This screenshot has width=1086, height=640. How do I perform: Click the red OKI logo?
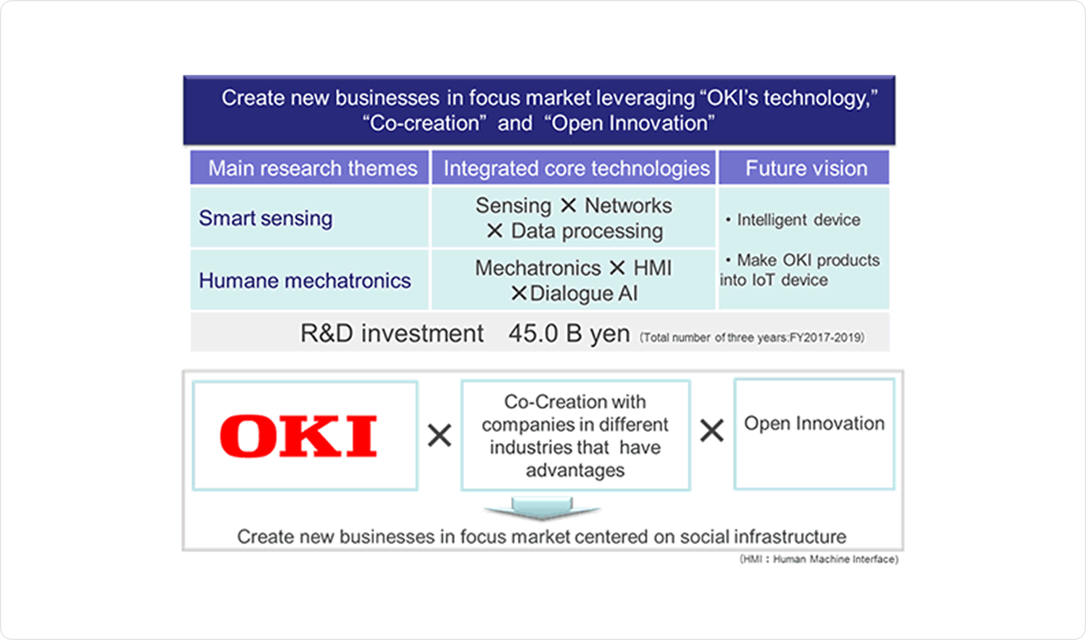[299, 436]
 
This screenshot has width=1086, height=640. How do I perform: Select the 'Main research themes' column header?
[313, 168]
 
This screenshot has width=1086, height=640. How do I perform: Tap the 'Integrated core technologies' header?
[576, 168]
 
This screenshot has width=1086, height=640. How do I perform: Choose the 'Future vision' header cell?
[806, 168]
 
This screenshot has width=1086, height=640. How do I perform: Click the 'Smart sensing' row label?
[265, 218]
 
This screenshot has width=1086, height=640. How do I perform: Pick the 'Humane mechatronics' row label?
[305, 281]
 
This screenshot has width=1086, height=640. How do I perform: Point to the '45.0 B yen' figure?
[569, 333]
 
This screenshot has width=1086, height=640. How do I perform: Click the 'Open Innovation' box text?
[814, 423]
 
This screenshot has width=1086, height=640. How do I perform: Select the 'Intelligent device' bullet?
[798, 220]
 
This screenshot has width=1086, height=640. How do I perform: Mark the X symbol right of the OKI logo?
[440, 435]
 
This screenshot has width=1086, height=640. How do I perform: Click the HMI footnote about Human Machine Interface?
[819, 559]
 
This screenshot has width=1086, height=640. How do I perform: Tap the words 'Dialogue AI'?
[583, 293]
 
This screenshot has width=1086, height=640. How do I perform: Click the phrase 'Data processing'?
[586, 231]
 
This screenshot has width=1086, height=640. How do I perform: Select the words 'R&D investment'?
[392, 333]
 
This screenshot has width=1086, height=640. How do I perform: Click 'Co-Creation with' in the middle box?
[575, 402]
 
